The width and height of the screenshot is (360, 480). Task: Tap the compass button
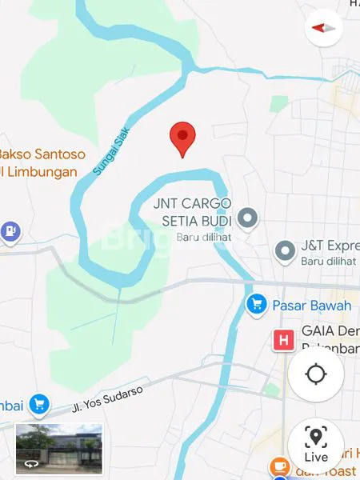click(324, 27)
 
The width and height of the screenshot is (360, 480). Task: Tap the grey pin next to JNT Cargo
click(248, 217)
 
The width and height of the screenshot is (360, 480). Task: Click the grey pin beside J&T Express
click(285, 252)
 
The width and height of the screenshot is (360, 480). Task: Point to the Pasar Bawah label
click(312, 306)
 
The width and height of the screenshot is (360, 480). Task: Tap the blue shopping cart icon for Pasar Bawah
click(256, 304)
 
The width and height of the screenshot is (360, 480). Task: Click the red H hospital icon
click(282, 341)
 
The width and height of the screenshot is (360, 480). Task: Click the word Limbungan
click(43, 172)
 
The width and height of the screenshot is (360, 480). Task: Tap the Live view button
click(316, 445)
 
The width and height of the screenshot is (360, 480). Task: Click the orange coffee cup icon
click(279, 465)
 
